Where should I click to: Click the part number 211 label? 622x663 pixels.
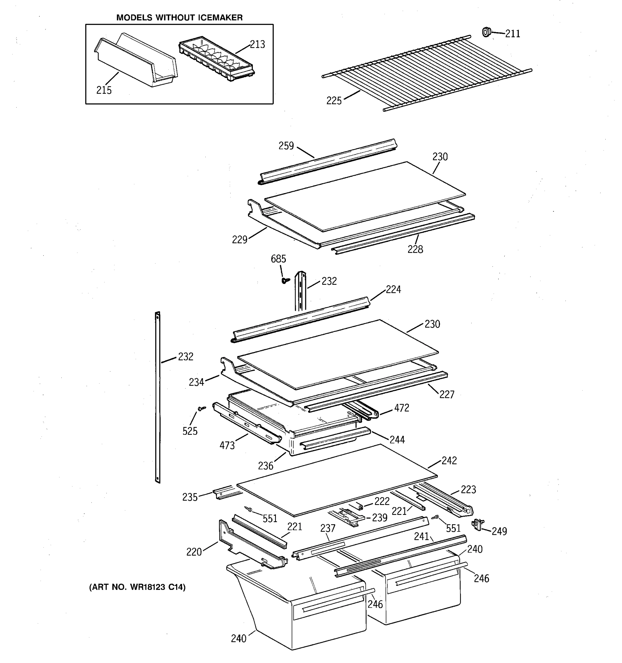tap(512, 34)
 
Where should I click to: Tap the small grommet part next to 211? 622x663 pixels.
tap(487, 32)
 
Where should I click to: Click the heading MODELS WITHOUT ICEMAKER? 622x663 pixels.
tap(179, 18)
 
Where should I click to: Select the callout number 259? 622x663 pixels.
tap(286, 146)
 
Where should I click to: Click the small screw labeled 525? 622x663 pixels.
tap(201, 408)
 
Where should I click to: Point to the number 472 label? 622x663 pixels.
tap(401, 408)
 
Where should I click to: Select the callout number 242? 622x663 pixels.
tap(449, 461)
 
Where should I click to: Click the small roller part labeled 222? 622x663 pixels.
tap(359, 506)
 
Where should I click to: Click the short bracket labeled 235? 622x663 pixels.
tap(222, 493)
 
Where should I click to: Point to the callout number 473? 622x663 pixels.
tap(227, 446)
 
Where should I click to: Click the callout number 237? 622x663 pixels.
tap(327, 528)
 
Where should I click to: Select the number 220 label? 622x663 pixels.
tap(194, 552)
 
